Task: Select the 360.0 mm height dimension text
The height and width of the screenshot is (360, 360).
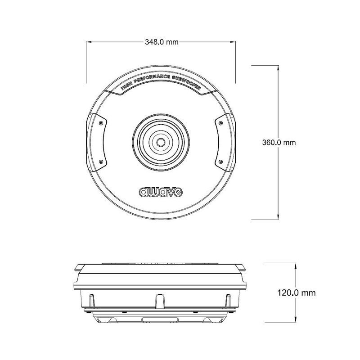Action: (x=279, y=142)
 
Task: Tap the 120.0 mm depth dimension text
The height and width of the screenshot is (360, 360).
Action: (x=297, y=292)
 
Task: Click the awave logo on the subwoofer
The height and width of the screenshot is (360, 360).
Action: (x=161, y=192)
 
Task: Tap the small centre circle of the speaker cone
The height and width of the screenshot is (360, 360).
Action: (x=161, y=142)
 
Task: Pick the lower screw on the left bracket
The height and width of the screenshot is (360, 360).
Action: (x=102, y=162)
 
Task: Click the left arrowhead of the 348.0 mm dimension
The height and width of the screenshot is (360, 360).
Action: (x=89, y=42)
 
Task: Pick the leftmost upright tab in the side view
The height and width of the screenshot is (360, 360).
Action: (x=92, y=300)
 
